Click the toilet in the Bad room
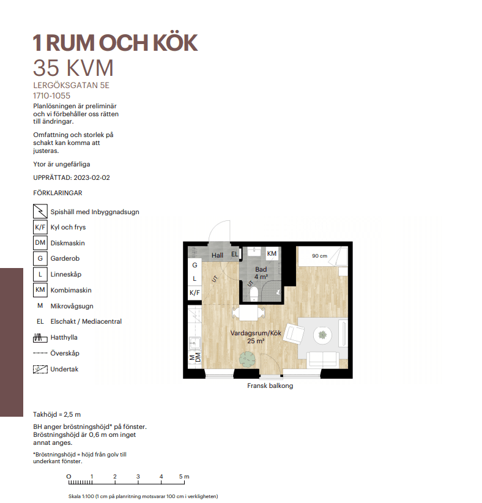pyautogui.click(x=254, y=294)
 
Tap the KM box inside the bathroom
pyautogui.click(x=272, y=253)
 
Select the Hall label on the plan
pyautogui.click(x=217, y=255)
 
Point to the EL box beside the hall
pyautogui.click(x=234, y=254)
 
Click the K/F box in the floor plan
pyautogui.click(x=195, y=292)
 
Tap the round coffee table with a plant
pyautogui.click(x=322, y=335)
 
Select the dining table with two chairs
pyautogui.click(x=248, y=313)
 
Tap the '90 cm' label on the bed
pyautogui.click(x=319, y=256)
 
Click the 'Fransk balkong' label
pyautogui.click(x=270, y=386)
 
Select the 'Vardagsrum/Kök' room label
pyautogui.click(x=256, y=333)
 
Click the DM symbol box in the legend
pyautogui.click(x=40, y=243)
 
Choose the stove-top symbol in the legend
pyautogui.click(x=40, y=212)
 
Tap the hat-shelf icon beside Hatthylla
pyautogui.click(x=40, y=337)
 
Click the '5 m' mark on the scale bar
pyautogui.click(x=184, y=476)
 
